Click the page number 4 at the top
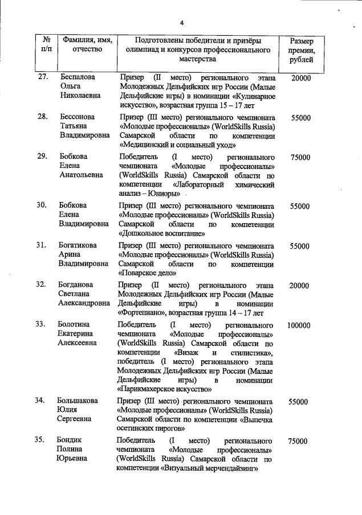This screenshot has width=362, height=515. pos(181,23)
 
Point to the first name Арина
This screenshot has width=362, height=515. pos(71,254)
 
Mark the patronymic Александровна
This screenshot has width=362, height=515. pos(84,303)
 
